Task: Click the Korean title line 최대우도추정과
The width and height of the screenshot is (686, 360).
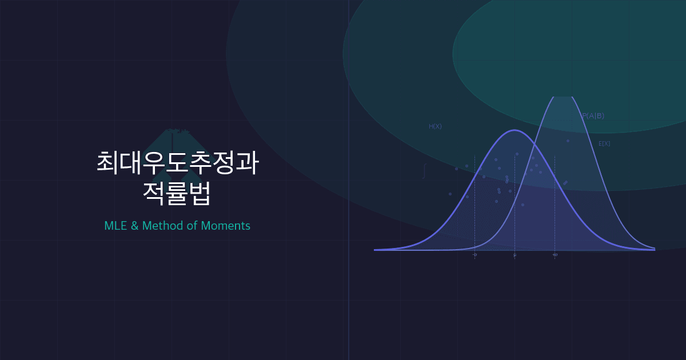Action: pos(177,162)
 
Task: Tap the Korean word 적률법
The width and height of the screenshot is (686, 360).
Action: pos(177,194)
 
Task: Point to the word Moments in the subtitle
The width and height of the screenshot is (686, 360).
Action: pos(226,226)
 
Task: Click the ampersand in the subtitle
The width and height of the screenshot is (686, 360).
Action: pos(135,226)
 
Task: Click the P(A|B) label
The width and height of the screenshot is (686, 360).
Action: pos(593,116)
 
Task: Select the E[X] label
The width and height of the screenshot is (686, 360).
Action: pos(604,144)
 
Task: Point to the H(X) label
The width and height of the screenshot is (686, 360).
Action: pos(435,126)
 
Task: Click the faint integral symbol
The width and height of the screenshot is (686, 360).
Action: pos(424,170)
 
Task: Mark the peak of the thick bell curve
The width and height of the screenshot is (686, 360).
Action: pos(514,130)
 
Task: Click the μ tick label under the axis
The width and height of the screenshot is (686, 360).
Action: pos(514,255)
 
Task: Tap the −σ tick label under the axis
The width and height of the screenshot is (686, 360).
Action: pos(474,255)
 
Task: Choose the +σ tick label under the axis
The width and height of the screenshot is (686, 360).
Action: pos(555,255)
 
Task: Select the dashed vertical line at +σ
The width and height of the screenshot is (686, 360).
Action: pos(555,217)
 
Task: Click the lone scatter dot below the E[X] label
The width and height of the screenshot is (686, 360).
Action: pos(568,141)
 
